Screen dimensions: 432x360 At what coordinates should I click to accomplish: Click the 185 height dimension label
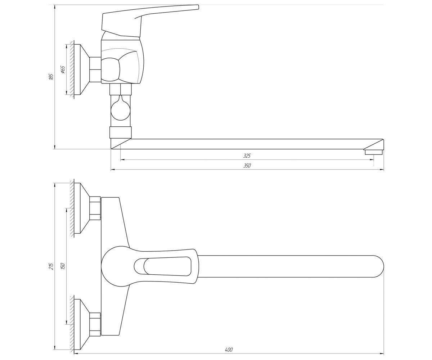coord(51,77)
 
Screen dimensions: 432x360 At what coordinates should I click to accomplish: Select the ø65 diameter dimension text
coord(63,69)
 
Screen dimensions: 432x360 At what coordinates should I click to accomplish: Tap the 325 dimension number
coord(247,156)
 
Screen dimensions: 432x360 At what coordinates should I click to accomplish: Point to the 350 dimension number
coord(247,166)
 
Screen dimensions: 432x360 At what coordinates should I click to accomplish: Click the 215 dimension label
coord(51,266)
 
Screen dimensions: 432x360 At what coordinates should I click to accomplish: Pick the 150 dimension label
coord(63,266)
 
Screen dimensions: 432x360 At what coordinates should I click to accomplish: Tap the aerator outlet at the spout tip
coord(373,152)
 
